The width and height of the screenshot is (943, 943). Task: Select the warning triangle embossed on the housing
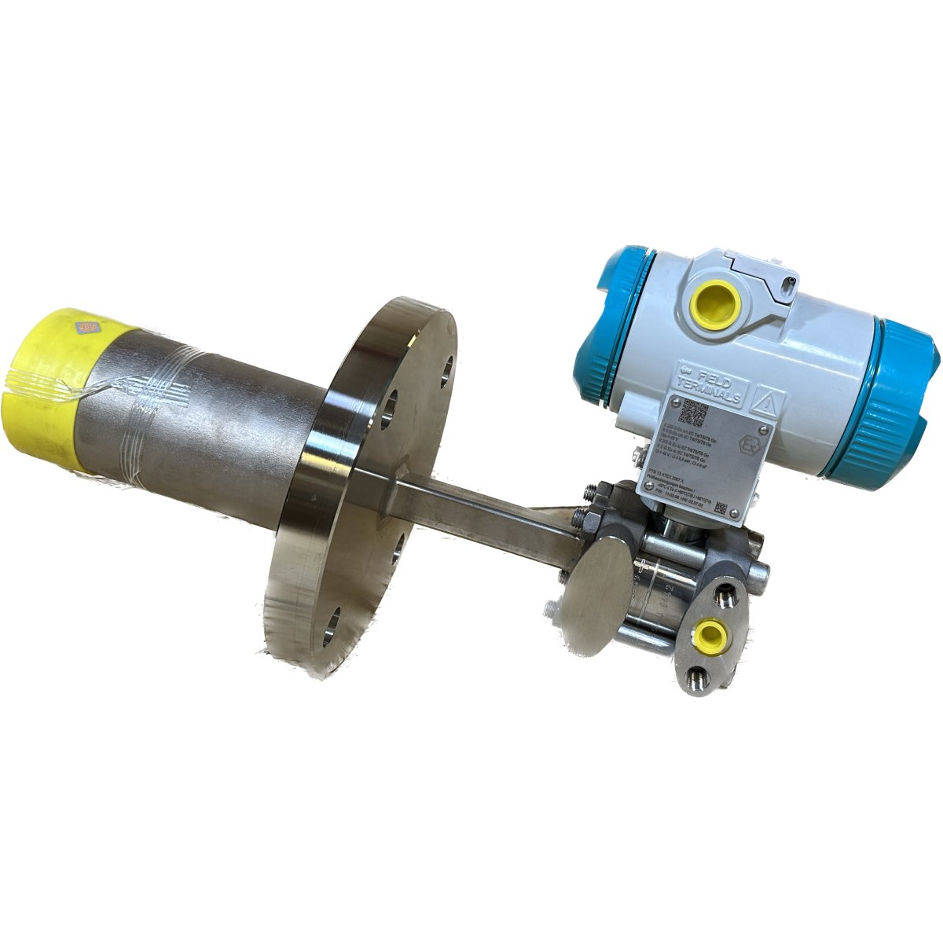click(x=766, y=403)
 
